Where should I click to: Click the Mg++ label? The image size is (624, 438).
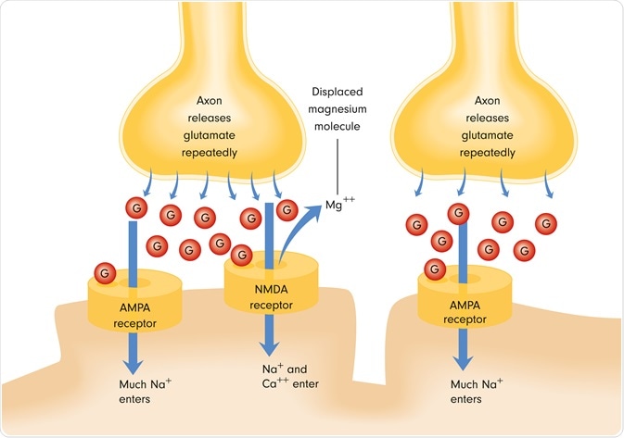pyautogui.click(x=340, y=205)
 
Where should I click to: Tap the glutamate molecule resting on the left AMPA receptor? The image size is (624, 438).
pyautogui.click(x=105, y=273)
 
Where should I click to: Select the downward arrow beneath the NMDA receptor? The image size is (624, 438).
pyautogui.click(x=269, y=337)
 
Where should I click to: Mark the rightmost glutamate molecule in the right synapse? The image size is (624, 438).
pyautogui.click(x=548, y=222)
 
